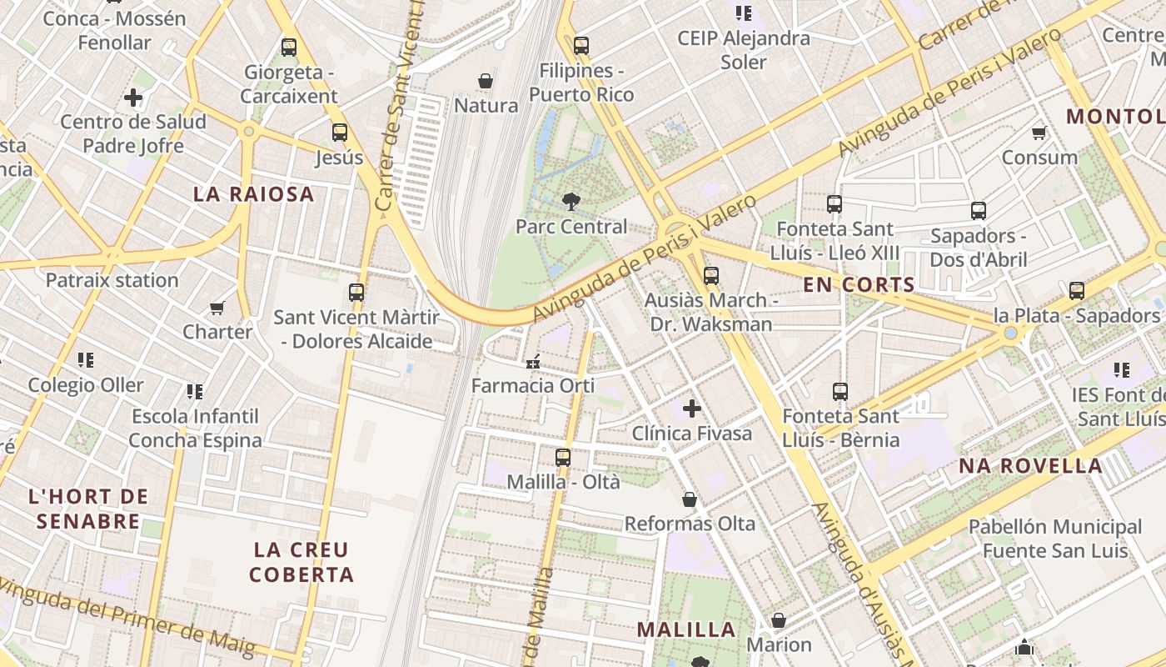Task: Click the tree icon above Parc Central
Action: (x=571, y=201)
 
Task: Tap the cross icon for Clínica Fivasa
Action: (x=691, y=409)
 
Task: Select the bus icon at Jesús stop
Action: (x=339, y=132)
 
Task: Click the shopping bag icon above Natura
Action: (x=486, y=81)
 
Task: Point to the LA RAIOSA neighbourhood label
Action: (x=254, y=194)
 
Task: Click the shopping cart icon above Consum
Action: (x=1039, y=133)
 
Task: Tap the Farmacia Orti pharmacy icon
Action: (x=533, y=362)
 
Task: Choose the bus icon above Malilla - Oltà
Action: (x=563, y=457)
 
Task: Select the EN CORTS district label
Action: (x=859, y=284)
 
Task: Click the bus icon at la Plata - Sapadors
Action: (x=1076, y=291)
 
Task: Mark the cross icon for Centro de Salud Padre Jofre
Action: (x=133, y=98)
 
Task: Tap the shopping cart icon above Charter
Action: (x=217, y=308)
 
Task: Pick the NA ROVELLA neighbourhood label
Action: (x=1030, y=466)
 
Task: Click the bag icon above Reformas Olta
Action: (x=690, y=499)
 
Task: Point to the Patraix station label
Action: (x=112, y=280)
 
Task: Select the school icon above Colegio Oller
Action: (x=86, y=360)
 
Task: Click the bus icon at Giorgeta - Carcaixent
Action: (x=289, y=47)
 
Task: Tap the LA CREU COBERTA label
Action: (x=301, y=562)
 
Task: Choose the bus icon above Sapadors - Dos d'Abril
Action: (x=978, y=211)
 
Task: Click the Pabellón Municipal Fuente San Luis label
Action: (x=1054, y=539)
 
